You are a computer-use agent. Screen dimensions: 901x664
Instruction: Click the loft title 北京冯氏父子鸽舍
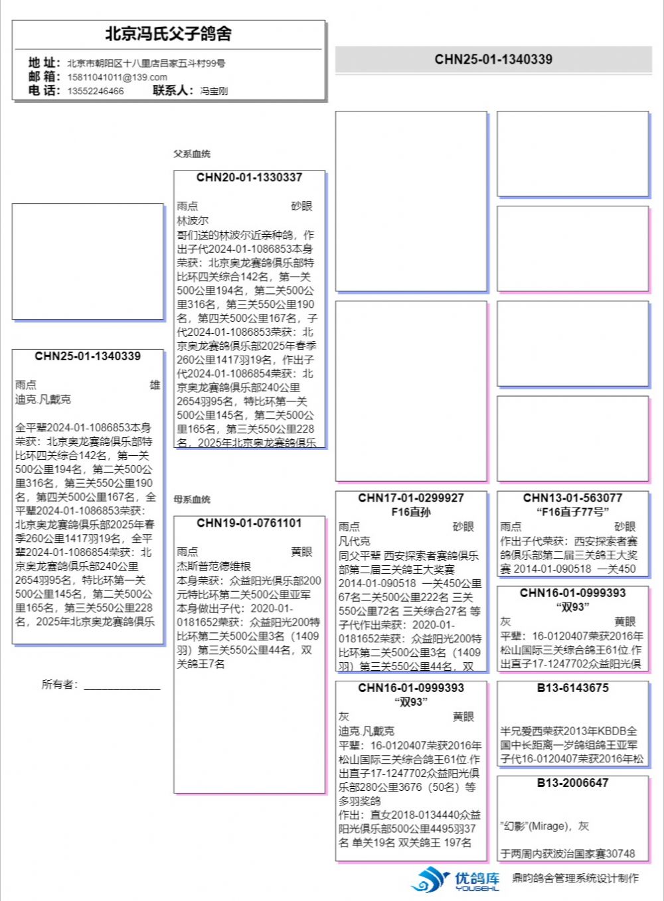169,34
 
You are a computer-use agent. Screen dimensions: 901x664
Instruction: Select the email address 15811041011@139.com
117,77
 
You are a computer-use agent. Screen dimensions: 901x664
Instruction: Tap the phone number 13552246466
95,91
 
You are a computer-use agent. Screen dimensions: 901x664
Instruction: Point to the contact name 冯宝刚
214,91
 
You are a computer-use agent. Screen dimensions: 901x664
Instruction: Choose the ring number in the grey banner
493,59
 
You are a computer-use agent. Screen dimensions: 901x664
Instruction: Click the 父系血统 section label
192,154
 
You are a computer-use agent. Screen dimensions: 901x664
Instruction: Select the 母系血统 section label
192,499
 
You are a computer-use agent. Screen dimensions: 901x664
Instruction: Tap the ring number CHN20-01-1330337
249,177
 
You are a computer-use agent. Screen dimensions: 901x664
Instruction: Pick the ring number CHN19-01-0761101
249,523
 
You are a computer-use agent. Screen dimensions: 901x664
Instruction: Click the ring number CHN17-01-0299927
411,498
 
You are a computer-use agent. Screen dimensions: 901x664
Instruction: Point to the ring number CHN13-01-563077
572,498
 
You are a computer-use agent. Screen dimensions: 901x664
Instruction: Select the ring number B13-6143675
572,688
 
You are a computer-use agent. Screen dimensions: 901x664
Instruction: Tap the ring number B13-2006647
572,783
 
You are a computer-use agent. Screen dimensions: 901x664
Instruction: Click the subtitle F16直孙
411,512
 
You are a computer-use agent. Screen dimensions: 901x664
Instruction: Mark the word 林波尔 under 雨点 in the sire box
193,220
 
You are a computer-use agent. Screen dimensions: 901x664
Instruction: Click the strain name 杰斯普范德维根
214,566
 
